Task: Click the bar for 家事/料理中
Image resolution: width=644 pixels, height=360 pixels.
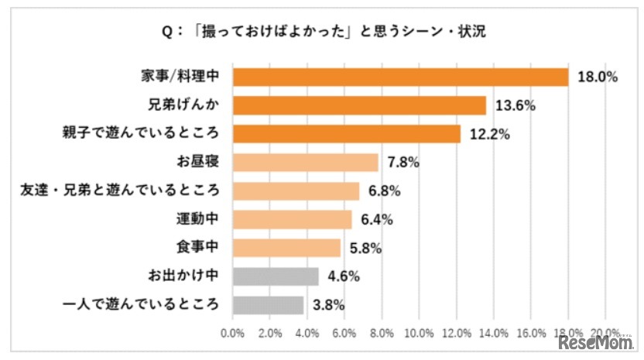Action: [x=400, y=77]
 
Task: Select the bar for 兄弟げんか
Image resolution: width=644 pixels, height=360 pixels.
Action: [x=359, y=105]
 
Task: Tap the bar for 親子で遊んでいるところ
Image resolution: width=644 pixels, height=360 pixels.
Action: [x=346, y=134]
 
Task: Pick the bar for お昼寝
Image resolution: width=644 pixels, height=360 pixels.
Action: [x=305, y=163]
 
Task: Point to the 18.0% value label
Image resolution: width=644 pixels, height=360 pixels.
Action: [x=595, y=77]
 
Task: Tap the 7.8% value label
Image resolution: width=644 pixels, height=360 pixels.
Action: [x=402, y=163]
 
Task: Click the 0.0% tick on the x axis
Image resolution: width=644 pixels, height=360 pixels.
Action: [x=233, y=333]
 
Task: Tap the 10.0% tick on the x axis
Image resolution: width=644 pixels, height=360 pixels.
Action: [x=420, y=333]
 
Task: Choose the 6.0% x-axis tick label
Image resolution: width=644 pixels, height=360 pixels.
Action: [x=345, y=333]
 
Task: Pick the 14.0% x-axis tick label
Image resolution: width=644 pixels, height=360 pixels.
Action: [x=494, y=333]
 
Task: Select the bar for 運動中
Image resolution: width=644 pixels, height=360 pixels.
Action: [x=292, y=219]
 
